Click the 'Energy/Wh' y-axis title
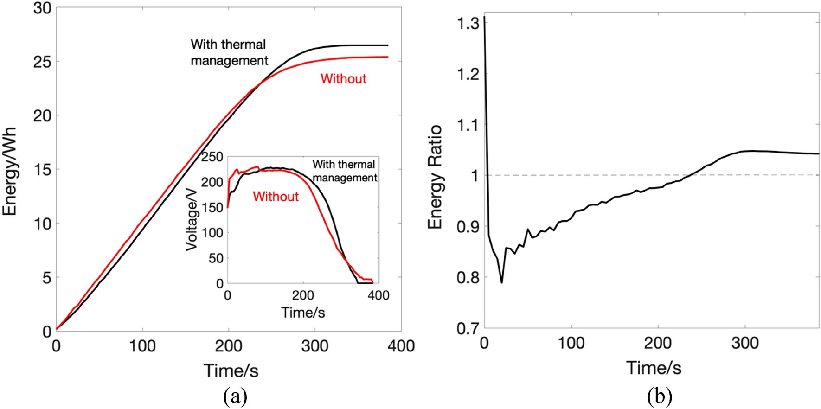tap(10, 172)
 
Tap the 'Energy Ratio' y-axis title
tap(435, 177)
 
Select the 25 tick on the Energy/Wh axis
tap(42, 62)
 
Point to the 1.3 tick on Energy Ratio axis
tap(468, 23)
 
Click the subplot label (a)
tap(235, 396)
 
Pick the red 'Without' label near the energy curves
tap(343, 79)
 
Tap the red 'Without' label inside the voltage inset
tap(276, 197)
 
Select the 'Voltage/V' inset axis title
tap(192, 226)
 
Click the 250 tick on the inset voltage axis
tap(212, 157)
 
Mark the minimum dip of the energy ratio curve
tap(501, 282)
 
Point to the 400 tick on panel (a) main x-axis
tap(401, 346)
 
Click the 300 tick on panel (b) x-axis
tap(745, 343)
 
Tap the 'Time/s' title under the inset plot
tap(303, 313)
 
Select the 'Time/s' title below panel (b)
tap(654, 368)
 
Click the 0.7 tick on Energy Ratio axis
tap(468, 329)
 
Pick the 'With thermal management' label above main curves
tap(229, 52)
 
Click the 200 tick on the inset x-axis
tap(303, 295)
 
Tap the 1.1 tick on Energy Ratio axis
tap(468, 125)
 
